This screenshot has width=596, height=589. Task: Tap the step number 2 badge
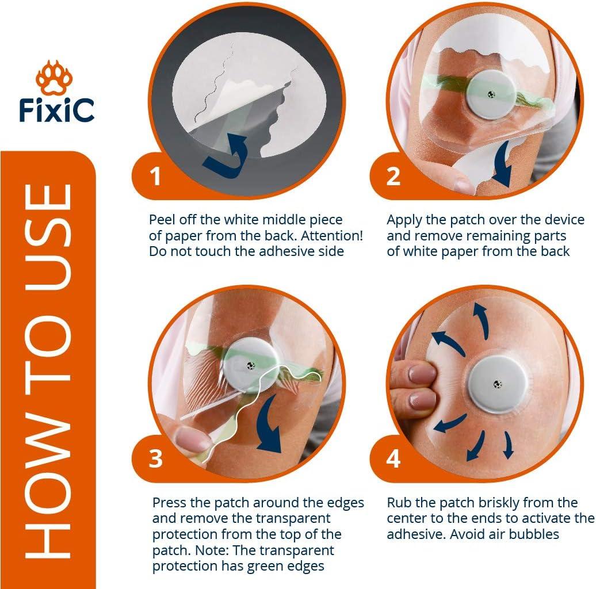pos(393,177)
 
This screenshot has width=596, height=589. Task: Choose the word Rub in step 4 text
pos(399,503)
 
